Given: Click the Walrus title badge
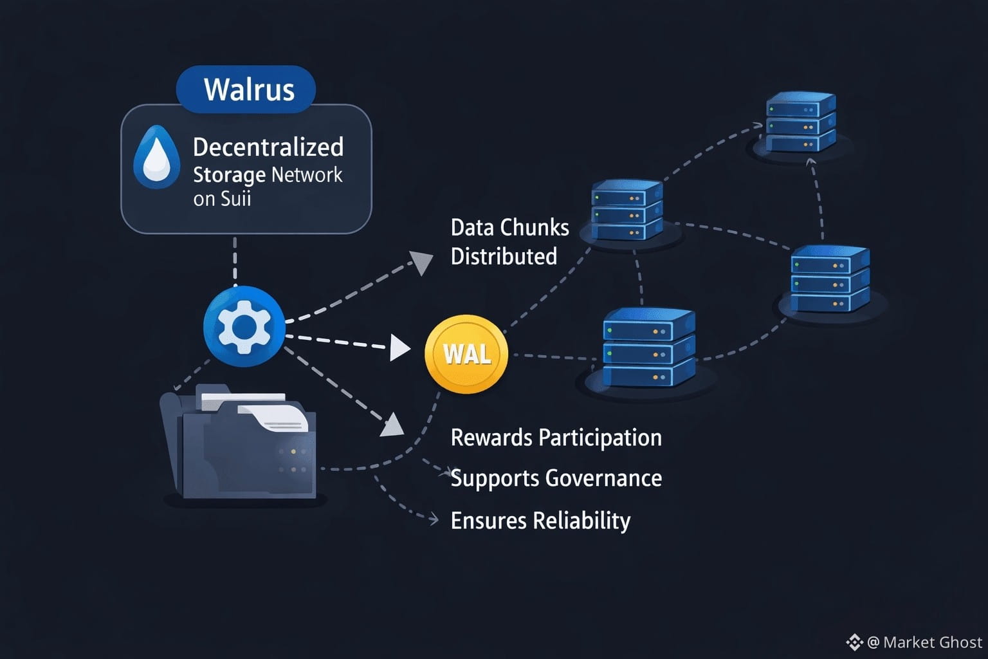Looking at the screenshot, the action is (246, 89).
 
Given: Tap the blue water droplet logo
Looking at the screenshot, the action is (156, 157).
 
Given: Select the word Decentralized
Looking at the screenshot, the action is (268, 147).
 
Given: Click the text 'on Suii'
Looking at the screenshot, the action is (222, 199).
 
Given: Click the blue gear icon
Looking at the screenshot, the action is (244, 327).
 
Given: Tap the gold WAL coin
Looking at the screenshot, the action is (466, 354).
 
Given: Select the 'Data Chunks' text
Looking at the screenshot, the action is (510, 228).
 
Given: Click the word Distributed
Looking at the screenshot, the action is (504, 256).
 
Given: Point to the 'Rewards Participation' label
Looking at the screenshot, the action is (556, 438).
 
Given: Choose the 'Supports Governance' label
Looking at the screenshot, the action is (556, 478).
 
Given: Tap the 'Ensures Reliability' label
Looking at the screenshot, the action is (541, 521).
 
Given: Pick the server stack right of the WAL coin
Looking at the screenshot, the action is (649, 348).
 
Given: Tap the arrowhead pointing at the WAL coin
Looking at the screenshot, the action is (400, 348).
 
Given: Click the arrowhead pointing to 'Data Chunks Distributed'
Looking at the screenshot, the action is (421, 262).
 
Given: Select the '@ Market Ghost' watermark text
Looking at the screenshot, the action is (924, 642).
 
